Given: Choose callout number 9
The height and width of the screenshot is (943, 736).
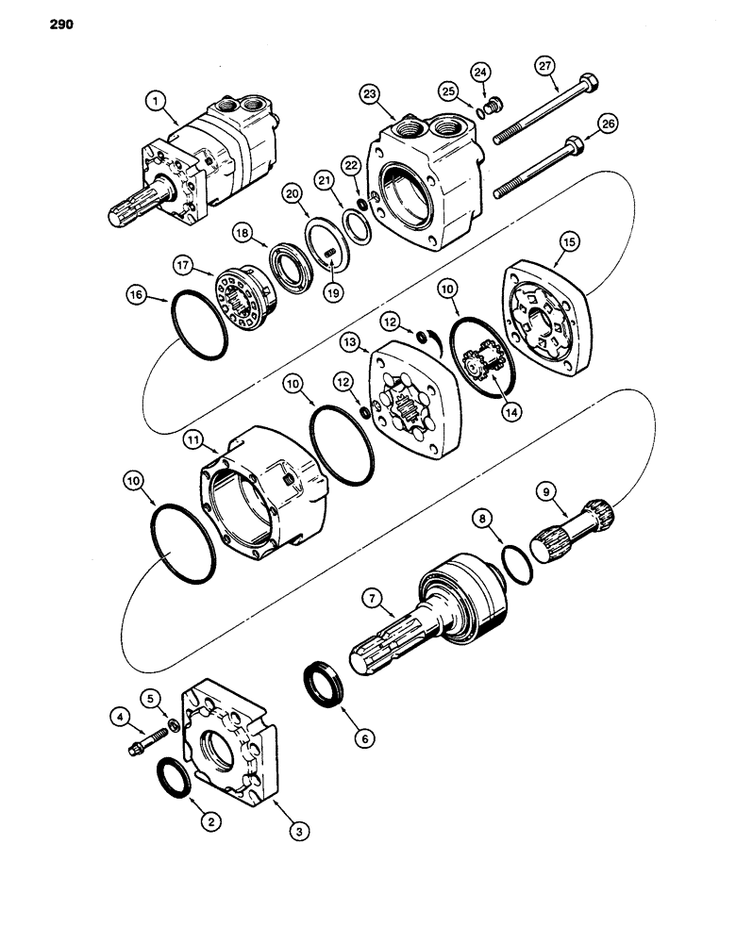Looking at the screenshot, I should [x=544, y=490].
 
